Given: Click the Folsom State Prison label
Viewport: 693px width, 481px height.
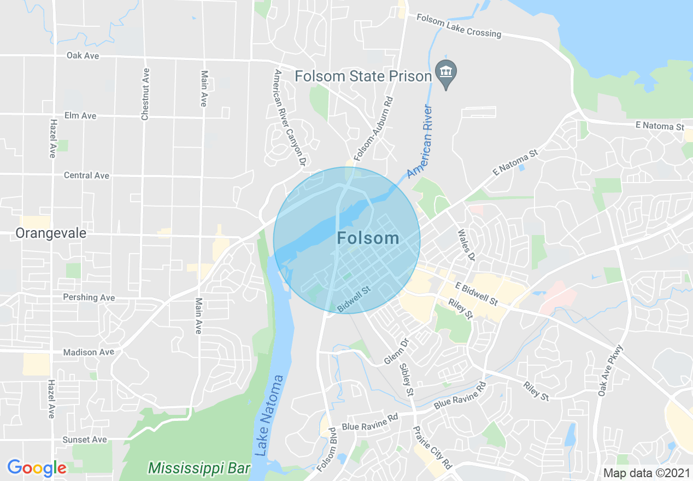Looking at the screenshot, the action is (x=363, y=76).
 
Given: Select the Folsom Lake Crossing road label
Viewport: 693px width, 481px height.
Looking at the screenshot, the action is (x=459, y=26).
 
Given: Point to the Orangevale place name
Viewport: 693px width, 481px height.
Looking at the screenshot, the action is (x=51, y=233).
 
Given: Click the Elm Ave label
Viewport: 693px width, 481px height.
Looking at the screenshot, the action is (x=80, y=115).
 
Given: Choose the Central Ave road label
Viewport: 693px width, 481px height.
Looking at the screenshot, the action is (x=86, y=175).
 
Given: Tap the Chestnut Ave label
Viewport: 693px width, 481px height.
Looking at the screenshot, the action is (x=145, y=94).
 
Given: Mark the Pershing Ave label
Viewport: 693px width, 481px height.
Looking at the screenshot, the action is (x=89, y=297).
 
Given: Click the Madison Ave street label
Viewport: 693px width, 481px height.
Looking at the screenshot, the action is (x=89, y=352).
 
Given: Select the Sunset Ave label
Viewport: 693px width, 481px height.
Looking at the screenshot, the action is (x=84, y=439).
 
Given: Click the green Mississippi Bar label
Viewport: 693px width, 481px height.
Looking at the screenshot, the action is (x=199, y=468).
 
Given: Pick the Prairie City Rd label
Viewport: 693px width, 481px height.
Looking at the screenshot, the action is (x=432, y=448).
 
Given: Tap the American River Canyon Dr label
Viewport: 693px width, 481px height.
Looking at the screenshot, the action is (x=289, y=118).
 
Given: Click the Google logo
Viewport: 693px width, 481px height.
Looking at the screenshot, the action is (x=37, y=468).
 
